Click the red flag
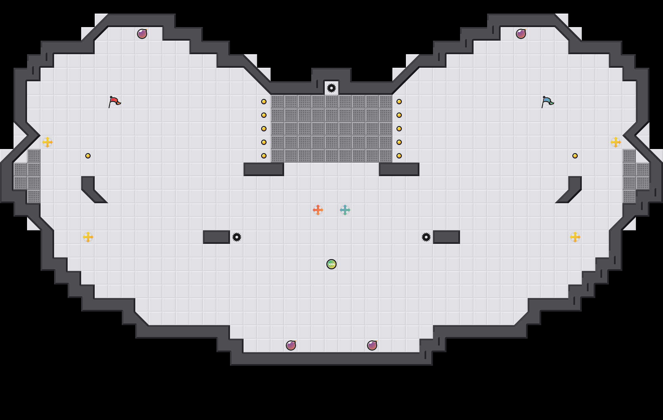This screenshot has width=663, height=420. click(114, 102)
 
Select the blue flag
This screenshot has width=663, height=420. click(547, 102)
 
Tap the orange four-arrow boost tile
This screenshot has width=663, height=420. click(318, 210)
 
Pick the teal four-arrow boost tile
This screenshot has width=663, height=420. click(345, 210)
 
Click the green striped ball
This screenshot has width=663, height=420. click(331, 264)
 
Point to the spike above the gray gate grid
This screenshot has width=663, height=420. click(331, 88)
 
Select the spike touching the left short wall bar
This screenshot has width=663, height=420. click(237, 237)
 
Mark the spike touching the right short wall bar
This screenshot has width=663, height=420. click(426, 237)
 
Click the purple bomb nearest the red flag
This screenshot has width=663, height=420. click(142, 34)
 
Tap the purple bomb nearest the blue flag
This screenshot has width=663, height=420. click(521, 34)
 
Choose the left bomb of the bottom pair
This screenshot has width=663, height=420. click(291, 345)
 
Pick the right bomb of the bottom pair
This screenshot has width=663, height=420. click(372, 345)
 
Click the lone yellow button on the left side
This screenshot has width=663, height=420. click(88, 156)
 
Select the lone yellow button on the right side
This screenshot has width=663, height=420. click(575, 156)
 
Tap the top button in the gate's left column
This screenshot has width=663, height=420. click(264, 102)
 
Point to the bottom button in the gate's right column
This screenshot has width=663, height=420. click(399, 156)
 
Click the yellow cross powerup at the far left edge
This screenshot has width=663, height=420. click(47, 142)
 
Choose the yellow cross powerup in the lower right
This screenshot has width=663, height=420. click(575, 237)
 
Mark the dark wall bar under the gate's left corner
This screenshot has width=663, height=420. click(264, 169)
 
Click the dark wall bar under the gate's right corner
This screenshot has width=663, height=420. click(399, 169)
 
